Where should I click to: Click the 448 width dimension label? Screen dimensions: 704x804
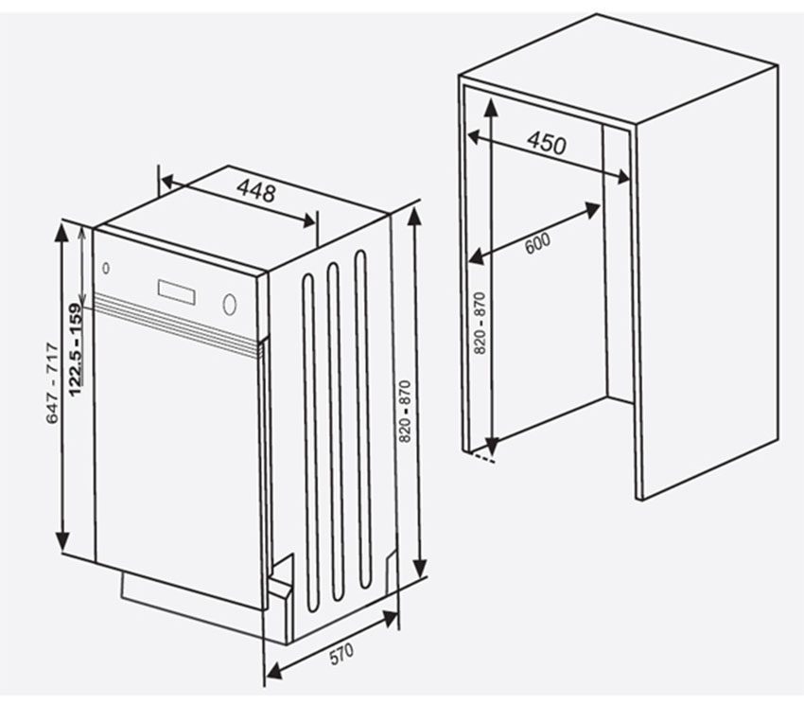click(x=256, y=192)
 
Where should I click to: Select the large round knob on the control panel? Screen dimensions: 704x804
click(x=229, y=304)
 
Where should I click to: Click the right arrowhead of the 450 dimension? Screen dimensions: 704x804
click(x=624, y=177)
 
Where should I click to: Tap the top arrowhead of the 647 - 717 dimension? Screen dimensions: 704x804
click(x=63, y=227)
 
